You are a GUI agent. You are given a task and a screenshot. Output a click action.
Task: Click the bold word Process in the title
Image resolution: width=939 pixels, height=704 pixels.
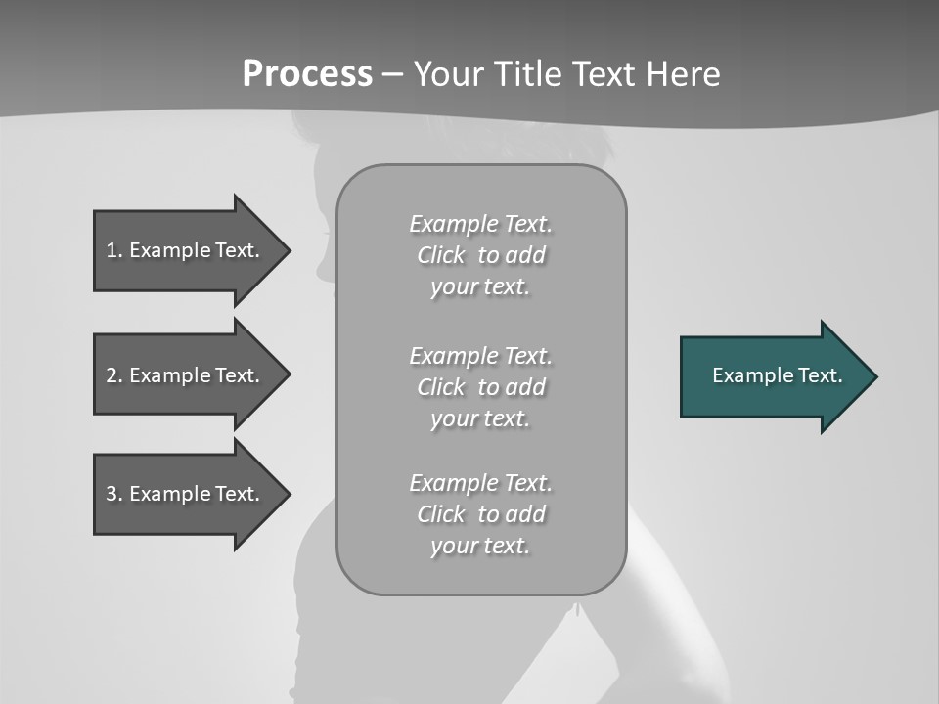307,74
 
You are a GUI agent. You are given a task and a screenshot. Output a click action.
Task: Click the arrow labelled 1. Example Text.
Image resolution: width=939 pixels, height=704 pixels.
186,250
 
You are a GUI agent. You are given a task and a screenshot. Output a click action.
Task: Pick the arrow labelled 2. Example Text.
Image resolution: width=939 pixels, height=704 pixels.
186,375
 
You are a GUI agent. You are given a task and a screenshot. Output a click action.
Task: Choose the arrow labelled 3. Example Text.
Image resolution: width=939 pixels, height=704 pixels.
186,494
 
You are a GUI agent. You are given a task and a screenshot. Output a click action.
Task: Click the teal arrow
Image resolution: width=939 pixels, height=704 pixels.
773,376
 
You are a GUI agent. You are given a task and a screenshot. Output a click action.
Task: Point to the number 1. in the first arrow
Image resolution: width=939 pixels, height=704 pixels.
114,250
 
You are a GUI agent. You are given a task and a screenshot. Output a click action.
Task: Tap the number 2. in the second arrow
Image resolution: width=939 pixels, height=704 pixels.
114,375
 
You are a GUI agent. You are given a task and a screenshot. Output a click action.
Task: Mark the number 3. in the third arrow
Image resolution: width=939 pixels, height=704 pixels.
114,494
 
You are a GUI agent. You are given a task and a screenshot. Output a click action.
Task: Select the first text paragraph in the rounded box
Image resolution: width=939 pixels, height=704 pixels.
480,255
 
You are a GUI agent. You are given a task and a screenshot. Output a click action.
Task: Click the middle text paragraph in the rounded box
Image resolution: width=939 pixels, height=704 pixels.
480,386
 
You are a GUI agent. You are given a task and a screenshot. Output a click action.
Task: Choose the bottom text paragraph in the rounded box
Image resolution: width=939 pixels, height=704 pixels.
480,514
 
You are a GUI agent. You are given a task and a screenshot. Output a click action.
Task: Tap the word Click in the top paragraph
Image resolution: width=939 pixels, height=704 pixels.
441,255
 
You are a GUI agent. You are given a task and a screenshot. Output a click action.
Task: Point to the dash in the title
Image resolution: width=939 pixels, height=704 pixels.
392,74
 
